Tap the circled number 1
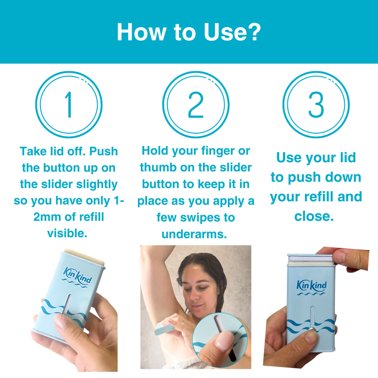[x=68, y=105]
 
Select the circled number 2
[x=195, y=105]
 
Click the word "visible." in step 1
[x=67, y=233]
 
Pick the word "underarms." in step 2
[x=194, y=234]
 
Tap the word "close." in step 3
[x=314, y=216]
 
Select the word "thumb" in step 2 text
[x=157, y=167]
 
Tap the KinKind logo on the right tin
[x=312, y=286]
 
